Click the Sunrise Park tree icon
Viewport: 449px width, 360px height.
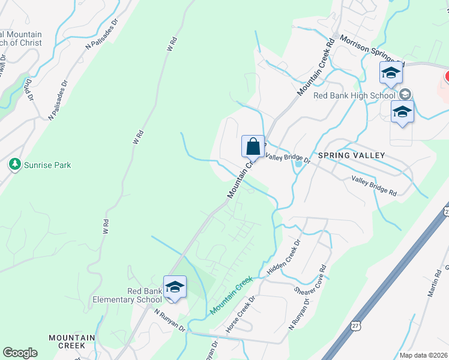coord(14,164)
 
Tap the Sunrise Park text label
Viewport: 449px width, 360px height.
coord(47,164)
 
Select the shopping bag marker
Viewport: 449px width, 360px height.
coord(253,146)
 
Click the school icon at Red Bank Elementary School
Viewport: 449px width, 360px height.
coord(175,287)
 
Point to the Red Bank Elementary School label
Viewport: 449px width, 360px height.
coord(127,295)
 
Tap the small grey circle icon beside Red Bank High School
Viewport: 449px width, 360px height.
coord(405,94)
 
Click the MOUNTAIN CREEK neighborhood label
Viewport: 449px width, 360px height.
coord(71,342)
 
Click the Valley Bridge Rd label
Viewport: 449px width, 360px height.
coord(374,185)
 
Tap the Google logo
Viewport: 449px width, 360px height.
coord(20,353)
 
